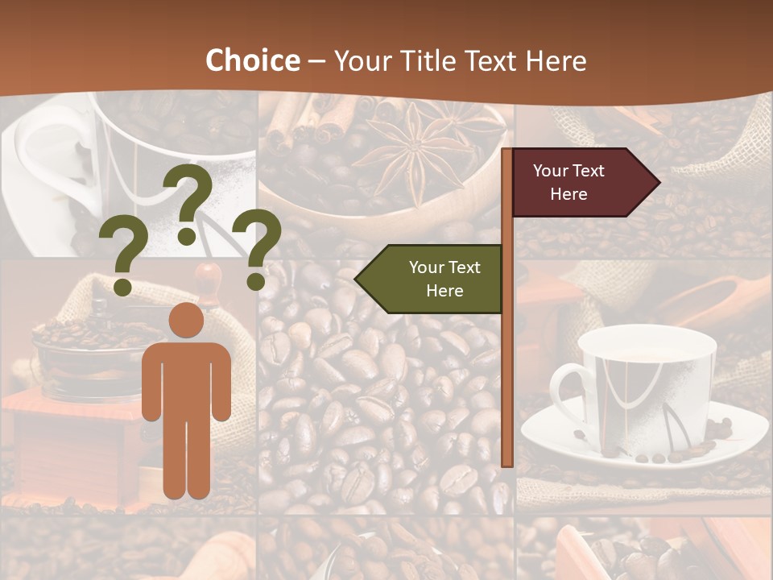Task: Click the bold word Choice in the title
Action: coord(252,61)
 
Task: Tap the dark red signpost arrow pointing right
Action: coord(580,183)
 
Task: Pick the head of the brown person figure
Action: coord(186,321)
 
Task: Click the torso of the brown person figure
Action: coord(186,379)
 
